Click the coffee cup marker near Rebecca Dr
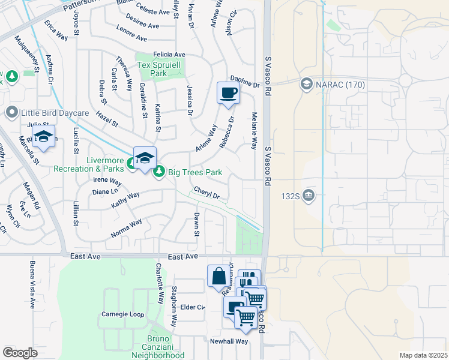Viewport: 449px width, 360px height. [228, 94]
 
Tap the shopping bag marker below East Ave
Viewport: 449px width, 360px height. [218, 277]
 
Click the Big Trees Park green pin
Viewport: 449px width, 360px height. [159, 172]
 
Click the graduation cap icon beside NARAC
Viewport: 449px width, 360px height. [307, 84]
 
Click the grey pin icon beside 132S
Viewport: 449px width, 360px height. [309, 194]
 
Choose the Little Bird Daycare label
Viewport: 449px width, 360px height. [55, 112]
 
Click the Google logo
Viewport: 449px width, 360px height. [20, 353]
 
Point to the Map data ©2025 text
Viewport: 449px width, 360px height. [423, 355]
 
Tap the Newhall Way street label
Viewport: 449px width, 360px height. [229, 341]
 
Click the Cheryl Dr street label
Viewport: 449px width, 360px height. [206, 193]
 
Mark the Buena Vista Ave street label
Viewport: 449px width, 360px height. [33, 284]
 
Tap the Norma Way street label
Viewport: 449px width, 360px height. [126, 229]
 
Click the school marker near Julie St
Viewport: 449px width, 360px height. [44, 137]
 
